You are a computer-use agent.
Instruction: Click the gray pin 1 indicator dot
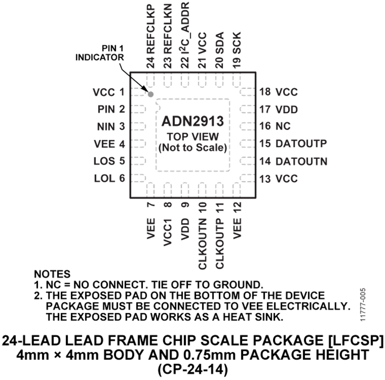tap(151, 94)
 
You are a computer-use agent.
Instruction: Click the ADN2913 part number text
tap(193, 121)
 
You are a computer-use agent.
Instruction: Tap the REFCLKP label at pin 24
tap(151, 29)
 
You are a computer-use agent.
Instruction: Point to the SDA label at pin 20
tap(219, 43)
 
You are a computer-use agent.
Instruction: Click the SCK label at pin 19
tap(237, 43)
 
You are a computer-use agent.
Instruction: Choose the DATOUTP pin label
tap(301, 144)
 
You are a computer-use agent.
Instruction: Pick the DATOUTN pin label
tap(302, 162)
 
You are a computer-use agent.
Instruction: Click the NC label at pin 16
tap(283, 126)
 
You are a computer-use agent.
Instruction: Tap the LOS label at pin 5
tap(104, 161)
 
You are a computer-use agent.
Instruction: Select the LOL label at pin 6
tap(105, 179)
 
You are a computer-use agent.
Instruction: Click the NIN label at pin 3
tap(106, 127)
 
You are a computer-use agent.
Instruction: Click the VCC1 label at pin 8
tap(168, 232)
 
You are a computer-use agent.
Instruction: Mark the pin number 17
tap(265, 109)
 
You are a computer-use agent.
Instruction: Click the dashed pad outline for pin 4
tap(138, 144)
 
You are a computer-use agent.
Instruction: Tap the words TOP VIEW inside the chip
tap(193, 137)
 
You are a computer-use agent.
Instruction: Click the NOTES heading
tap(52, 274)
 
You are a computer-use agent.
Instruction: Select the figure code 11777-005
tap(363, 305)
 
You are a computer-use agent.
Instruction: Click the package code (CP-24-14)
tap(192, 369)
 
